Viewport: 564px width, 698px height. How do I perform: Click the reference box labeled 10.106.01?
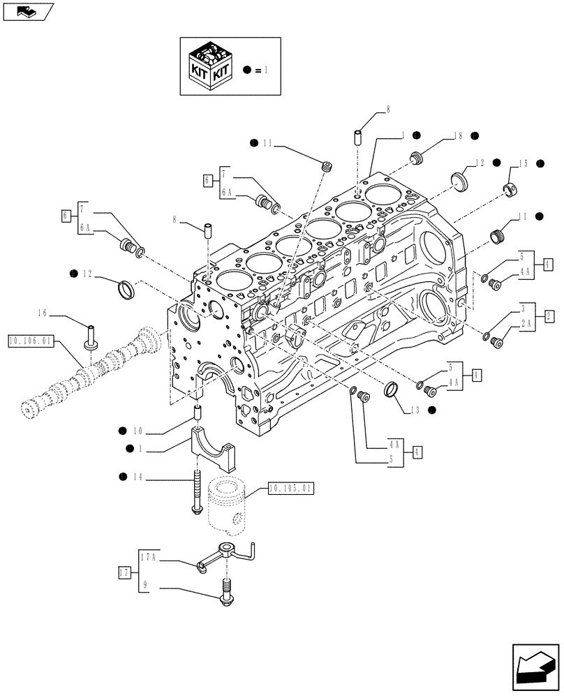click(30, 341)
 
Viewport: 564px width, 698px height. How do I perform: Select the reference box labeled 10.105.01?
click(288, 489)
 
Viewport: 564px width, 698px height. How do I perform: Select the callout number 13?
click(415, 410)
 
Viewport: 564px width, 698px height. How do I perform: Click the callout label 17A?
click(148, 558)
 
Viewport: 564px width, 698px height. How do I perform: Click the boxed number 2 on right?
click(549, 315)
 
